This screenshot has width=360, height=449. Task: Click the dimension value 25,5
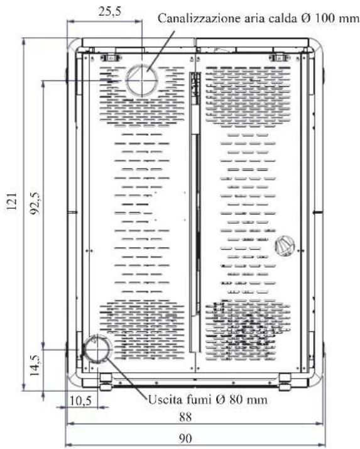click(x=110, y=12)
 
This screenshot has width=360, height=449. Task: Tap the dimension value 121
click(x=12, y=201)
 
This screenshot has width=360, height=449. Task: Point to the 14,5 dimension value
click(x=35, y=365)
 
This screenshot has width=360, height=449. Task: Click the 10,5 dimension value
click(x=80, y=401)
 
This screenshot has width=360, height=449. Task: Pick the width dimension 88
click(x=185, y=417)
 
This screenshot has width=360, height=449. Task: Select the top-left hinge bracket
click(x=109, y=58)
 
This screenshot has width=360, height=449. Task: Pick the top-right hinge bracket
click(x=280, y=58)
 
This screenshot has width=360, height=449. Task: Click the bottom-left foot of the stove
click(x=106, y=382)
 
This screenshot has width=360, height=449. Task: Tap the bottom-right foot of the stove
click(x=285, y=382)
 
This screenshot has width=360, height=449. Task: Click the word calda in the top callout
click(x=282, y=19)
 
